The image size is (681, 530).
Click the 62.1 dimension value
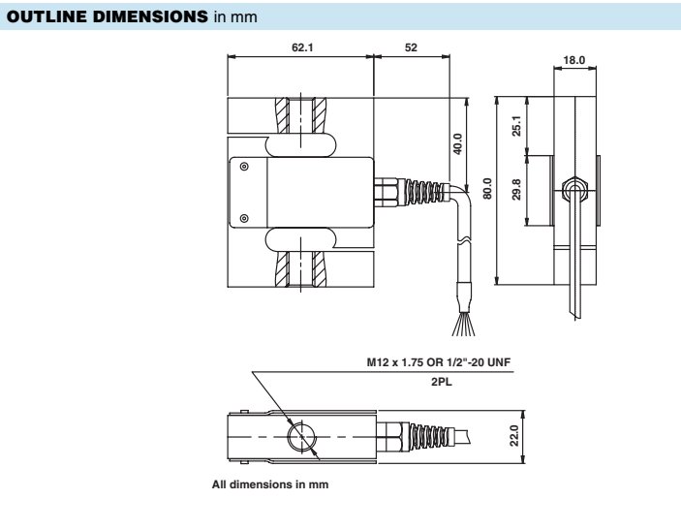coord(302,47)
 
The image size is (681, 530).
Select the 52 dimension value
coord(411,47)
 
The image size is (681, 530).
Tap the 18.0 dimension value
coord(574,60)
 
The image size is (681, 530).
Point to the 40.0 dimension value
coord(457,142)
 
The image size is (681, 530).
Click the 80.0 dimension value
coord(488,189)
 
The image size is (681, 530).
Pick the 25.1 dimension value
coord(516,125)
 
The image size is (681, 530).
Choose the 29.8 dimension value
coord(516,189)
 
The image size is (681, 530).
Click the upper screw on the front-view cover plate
coord(243,167)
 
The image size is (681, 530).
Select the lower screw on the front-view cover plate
coord(243,217)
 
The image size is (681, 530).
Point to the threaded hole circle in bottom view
coord(301,437)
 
